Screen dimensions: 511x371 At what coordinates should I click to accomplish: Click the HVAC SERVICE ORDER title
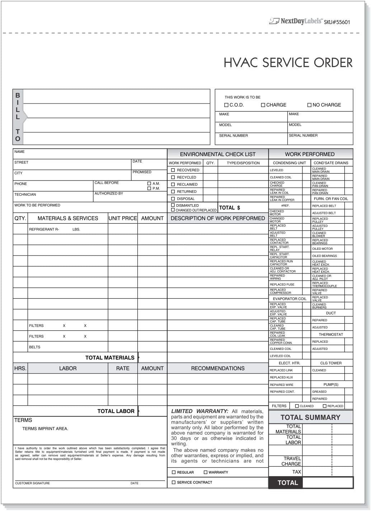click(288, 62)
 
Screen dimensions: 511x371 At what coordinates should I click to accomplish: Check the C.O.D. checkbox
click(226, 105)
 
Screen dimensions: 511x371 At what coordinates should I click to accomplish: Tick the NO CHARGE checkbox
click(309, 105)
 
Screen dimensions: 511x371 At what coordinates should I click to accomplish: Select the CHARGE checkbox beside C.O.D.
click(263, 105)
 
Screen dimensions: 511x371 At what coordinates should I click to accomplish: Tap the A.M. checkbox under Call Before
click(149, 183)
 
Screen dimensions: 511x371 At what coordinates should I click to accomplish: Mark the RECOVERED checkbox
click(173, 170)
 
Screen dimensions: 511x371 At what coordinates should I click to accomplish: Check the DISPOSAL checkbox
click(173, 199)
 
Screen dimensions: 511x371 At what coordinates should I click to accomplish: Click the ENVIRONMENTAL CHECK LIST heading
click(217, 154)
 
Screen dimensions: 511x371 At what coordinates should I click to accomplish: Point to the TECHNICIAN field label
click(25, 194)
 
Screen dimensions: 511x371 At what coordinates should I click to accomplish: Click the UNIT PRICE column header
click(123, 218)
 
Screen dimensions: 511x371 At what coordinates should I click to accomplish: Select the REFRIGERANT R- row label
click(44, 229)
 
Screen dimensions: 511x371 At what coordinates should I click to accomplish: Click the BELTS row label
click(35, 347)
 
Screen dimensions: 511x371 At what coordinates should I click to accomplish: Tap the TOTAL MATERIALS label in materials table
click(110, 358)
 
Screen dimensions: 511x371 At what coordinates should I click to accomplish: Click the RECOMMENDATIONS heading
click(217, 368)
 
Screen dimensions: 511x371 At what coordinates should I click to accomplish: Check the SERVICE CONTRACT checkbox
click(174, 483)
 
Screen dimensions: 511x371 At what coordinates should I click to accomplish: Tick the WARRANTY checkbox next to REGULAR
click(206, 472)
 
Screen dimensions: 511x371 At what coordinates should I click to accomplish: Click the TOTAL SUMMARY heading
click(310, 417)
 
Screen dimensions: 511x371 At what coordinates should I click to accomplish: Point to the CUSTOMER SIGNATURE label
click(33, 483)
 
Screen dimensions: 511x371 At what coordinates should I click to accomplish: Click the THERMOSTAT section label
click(331, 334)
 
